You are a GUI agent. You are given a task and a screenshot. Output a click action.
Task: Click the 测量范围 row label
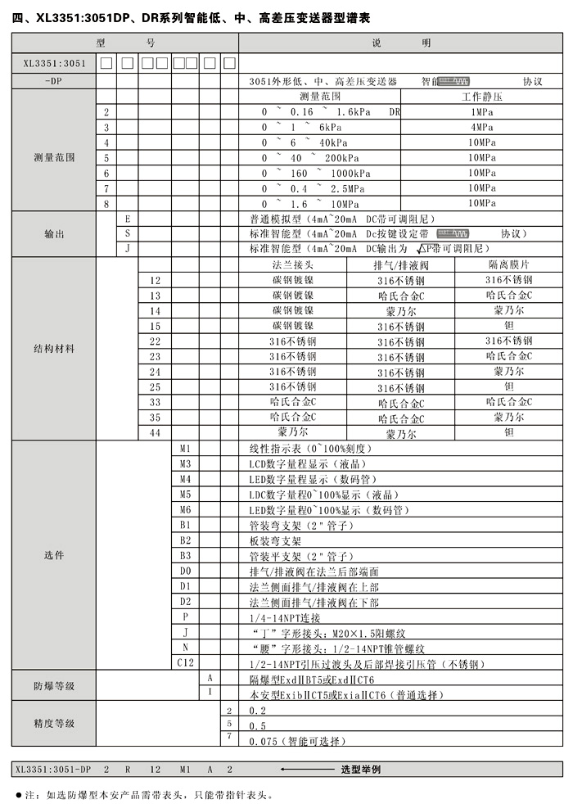coord(54,156)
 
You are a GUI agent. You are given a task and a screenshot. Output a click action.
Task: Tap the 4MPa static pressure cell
coord(482,127)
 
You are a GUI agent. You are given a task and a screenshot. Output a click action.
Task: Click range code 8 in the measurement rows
coord(106,203)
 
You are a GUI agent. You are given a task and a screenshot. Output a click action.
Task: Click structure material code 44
coord(155,431)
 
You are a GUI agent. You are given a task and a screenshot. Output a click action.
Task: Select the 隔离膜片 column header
coord(508,265)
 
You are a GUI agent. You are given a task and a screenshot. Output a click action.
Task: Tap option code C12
coord(185,661)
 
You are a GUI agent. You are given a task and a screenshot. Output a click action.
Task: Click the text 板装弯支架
coord(275,541)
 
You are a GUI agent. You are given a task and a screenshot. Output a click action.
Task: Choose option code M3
coord(185,464)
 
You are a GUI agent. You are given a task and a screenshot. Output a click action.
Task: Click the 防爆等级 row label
coord(54,685)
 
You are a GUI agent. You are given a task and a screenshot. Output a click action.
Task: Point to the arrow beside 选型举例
coord(307,770)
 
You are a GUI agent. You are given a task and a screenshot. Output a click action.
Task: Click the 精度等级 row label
coord(54,724)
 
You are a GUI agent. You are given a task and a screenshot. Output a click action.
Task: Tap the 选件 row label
coord(54,555)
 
